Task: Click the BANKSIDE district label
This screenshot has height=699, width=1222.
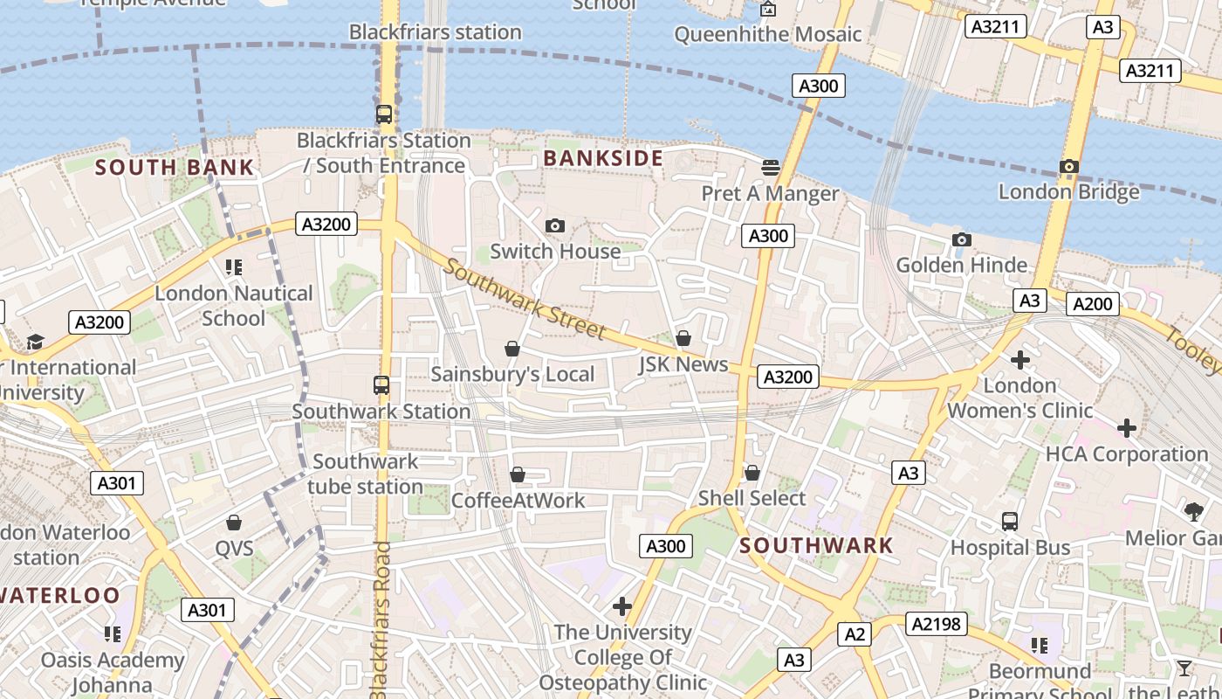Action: click(603, 158)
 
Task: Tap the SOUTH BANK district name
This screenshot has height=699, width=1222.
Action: click(175, 167)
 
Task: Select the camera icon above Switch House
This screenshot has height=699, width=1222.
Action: click(554, 225)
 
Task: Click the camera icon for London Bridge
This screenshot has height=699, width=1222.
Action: click(1069, 166)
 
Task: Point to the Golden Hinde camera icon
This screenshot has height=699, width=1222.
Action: click(961, 239)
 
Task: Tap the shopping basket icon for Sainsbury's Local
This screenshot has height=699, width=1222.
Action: click(512, 349)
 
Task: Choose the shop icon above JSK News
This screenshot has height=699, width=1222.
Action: click(683, 337)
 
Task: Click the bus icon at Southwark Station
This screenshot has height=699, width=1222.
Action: click(381, 385)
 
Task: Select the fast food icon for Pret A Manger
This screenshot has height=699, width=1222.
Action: click(770, 167)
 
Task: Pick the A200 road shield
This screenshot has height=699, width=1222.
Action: click(1092, 303)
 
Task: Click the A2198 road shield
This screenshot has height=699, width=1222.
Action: click(937, 623)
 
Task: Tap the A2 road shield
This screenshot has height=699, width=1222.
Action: click(854, 633)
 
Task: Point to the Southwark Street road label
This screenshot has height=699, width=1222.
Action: click(524, 299)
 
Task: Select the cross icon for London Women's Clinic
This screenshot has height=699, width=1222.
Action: click(1019, 359)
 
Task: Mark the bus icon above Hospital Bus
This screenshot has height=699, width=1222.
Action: click(1010, 522)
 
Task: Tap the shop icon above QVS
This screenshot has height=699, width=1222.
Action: click(234, 523)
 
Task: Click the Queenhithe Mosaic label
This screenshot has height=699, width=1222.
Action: click(768, 34)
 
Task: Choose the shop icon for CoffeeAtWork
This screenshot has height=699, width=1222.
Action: click(518, 474)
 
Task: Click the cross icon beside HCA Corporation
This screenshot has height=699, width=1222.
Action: click(1127, 428)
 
